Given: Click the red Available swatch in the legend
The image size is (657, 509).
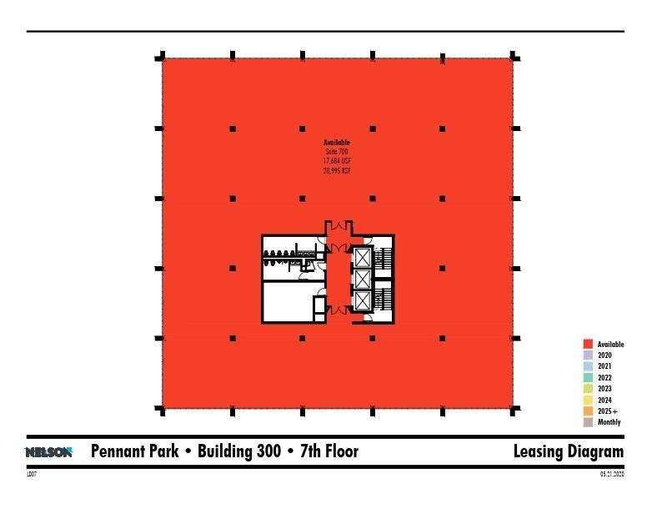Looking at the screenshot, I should coord(588,344).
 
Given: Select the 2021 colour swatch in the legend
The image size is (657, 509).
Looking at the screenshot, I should coord(588,366).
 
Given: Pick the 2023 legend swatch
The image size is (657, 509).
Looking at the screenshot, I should coord(588,389).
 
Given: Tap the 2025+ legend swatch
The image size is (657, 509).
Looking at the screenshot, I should coord(588,411).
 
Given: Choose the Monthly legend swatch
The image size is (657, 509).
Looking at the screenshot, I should coord(588,422).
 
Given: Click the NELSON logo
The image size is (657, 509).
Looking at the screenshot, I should coord(49,452).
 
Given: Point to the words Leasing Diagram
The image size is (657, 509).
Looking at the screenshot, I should coord(569,452).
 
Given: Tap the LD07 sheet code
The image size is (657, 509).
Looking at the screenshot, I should coord(33,474).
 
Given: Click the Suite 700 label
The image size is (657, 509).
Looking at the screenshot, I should coord(337,151).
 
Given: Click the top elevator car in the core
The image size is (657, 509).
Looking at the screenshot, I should coord(363,257).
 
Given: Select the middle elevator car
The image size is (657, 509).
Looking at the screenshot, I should coord(363,279).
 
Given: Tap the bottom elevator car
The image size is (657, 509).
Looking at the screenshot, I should coord(363,300).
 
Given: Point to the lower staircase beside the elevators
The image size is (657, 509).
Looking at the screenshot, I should coord(384,300).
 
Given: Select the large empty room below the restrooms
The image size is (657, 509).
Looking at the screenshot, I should coord(287,301).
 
